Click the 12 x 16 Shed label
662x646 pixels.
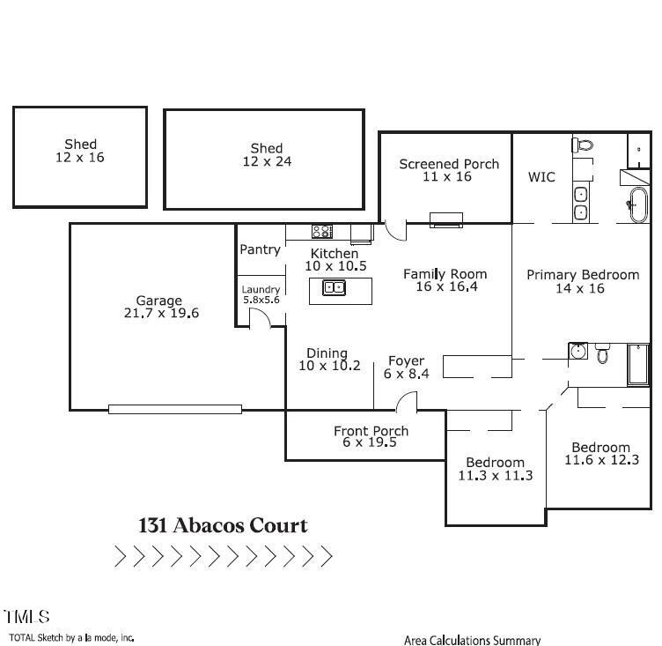click(x=80, y=151)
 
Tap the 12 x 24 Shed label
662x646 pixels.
click(x=267, y=155)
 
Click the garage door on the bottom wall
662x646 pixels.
click(x=174, y=409)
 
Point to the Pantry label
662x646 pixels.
click(x=260, y=249)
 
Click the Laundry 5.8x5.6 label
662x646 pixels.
click(x=261, y=294)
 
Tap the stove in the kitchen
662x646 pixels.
click(x=321, y=232)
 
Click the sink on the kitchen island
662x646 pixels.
click(x=334, y=286)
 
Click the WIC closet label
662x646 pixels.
click(x=541, y=177)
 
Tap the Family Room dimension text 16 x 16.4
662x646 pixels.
click(x=445, y=287)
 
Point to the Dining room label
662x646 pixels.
click(x=327, y=353)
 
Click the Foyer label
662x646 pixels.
click(x=406, y=360)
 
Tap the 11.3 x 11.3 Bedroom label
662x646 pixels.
click(x=495, y=469)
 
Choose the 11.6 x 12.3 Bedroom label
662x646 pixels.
click(x=600, y=453)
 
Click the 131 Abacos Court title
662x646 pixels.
click(x=223, y=526)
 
